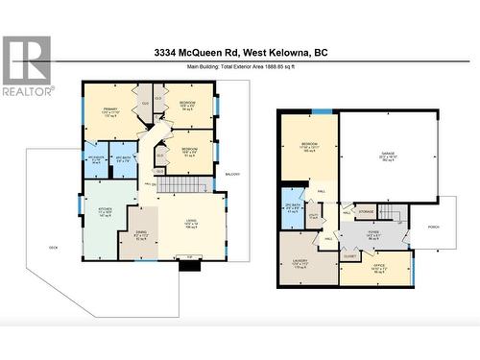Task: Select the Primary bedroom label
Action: coord(109,110)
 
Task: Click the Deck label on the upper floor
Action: coord(54,248)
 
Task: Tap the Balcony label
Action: coord(232,174)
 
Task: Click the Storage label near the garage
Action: coord(366,211)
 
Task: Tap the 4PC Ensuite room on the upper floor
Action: coord(97,159)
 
